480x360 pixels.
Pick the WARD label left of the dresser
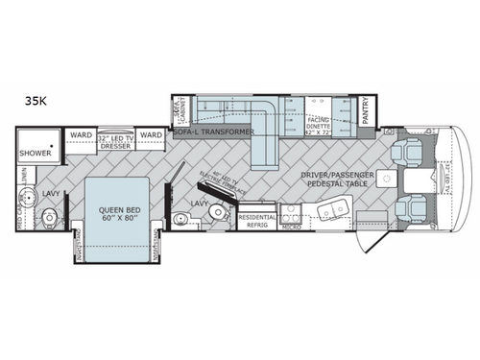pyautogui.click(x=79, y=136)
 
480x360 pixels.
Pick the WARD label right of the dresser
pyautogui.click(x=150, y=136)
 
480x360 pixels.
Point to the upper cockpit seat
pyautogui.click(x=406, y=151)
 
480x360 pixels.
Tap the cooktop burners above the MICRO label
pyautogui.click(x=291, y=213)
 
